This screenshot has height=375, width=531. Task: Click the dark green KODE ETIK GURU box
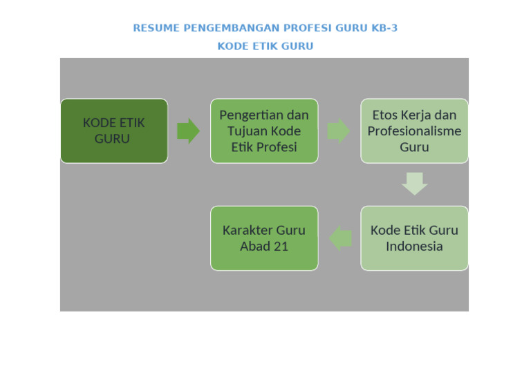point(114,131)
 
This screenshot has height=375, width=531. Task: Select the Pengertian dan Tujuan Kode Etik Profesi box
point(264,131)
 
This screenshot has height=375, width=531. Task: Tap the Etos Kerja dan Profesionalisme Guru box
point(414,131)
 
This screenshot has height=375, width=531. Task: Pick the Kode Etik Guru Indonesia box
point(414,238)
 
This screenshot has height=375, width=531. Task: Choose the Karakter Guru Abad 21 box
point(264,238)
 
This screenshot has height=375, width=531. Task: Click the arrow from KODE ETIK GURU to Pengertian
point(188,131)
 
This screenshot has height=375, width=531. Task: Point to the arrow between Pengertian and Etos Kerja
point(338,131)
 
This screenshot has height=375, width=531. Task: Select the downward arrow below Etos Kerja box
point(414,184)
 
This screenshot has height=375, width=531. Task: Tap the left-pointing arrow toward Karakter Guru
point(340,238)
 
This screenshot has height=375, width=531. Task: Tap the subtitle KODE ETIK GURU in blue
point(265,46)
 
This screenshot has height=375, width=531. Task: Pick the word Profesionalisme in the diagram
point(414,131)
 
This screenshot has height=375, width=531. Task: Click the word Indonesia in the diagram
point(414,247)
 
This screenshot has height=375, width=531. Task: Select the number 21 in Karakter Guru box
point(280,247)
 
